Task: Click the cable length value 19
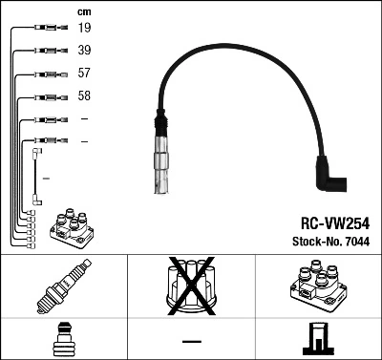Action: (x=84, y=29)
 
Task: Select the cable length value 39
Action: (x=84, y=51)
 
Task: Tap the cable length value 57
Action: (x=84, y=74)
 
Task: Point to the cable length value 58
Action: (x=84, y=96)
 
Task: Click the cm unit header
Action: (x=83, y=11)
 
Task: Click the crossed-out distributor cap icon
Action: (x=191, y=286)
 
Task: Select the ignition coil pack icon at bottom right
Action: (x=317, y=287)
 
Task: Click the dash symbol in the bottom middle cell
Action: (x=191, y=340)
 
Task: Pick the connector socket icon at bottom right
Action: (x=318, y=339)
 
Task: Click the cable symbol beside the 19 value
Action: (x=45, y=29)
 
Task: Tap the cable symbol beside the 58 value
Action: (x=45, y=96)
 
